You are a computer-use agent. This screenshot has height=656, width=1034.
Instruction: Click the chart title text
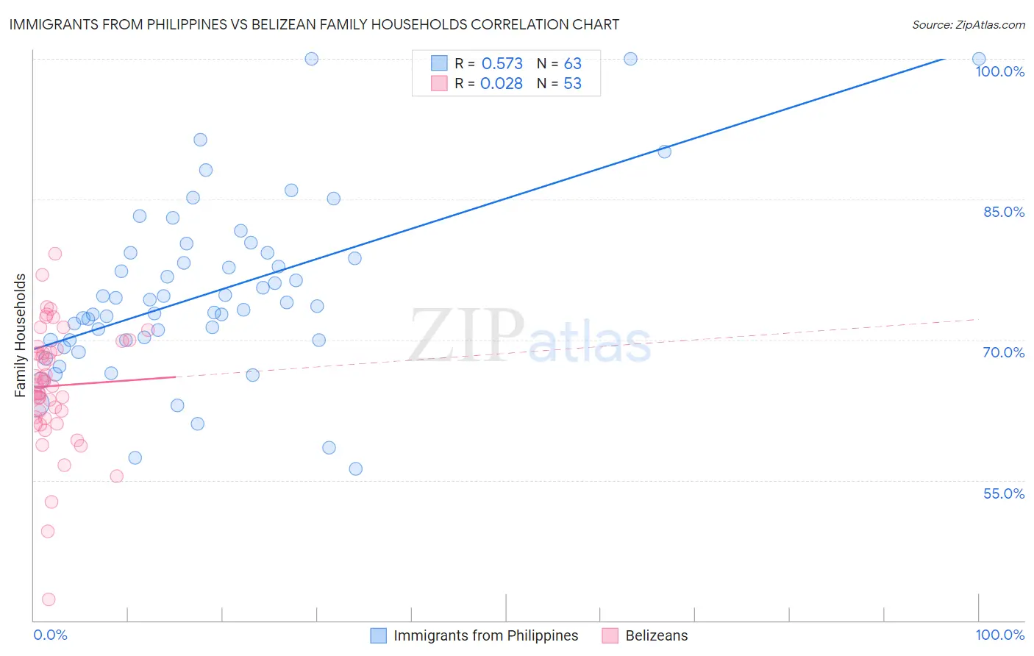coord(314,24)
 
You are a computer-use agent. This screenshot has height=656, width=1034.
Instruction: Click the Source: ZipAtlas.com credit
coord(968,24)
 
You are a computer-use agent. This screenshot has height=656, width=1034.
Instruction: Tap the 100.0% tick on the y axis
coord(999,71)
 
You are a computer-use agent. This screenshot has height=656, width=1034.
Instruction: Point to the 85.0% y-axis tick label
coord(1003,212)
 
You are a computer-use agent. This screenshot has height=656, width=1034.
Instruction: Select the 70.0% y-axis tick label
coord(1003,352)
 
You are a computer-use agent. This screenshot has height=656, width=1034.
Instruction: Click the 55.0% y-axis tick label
coord(1003,493)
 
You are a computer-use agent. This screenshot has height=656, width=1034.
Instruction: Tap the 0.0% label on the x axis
coord(50,635)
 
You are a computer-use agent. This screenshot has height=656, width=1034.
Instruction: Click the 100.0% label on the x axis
coord(999,635)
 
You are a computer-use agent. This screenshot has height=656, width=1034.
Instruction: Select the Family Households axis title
coord(21,335)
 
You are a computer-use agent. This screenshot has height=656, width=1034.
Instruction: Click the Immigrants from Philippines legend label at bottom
coord(485,635)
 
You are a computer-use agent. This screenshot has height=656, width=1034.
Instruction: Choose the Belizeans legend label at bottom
coord(656,635)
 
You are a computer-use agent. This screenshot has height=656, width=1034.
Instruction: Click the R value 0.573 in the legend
coord(502,64)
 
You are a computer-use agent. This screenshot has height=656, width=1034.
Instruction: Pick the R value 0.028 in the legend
coord(501,84)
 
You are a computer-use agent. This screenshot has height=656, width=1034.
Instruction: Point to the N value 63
coord(572,64)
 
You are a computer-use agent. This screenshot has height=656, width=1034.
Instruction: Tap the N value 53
coord(572,84)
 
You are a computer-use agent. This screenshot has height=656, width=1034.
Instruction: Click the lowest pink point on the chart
coord(49,599)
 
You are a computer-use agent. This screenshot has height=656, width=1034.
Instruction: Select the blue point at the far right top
coord(979,59)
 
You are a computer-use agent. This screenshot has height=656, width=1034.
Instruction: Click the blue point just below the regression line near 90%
coord(664,151)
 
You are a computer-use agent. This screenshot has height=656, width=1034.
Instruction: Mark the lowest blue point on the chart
coord(355,468)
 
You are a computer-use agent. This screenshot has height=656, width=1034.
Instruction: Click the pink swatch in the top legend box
coord(439,83)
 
